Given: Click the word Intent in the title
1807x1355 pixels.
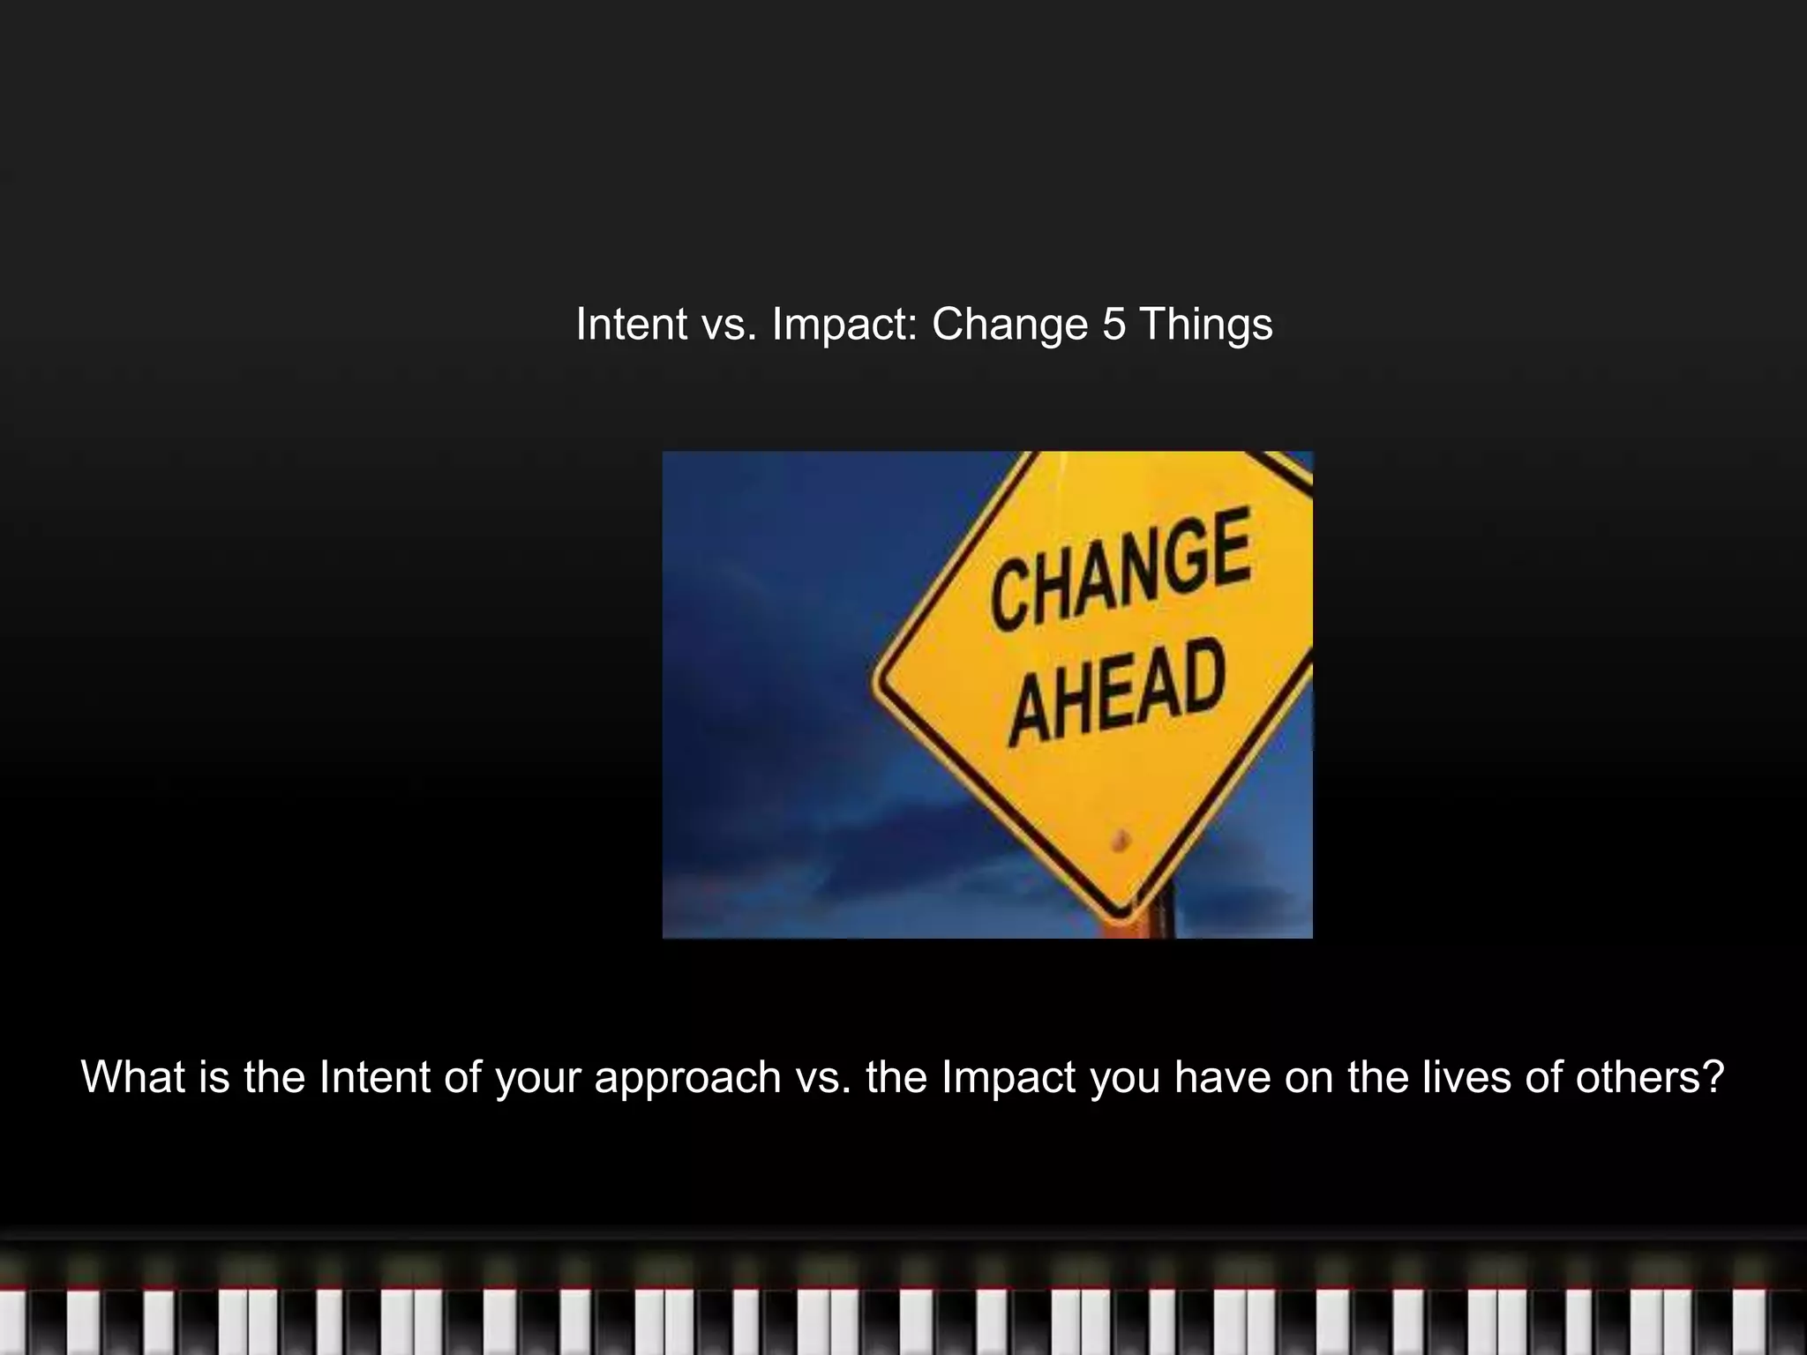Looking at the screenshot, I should coord(632,324).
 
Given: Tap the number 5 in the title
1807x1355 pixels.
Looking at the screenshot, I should coord(1114,324).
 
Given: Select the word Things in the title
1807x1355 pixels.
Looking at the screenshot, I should coord(1206,324).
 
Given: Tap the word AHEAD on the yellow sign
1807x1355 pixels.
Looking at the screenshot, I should coord(1118,692).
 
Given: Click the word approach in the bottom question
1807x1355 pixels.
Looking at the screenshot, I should coord(687,1077).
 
